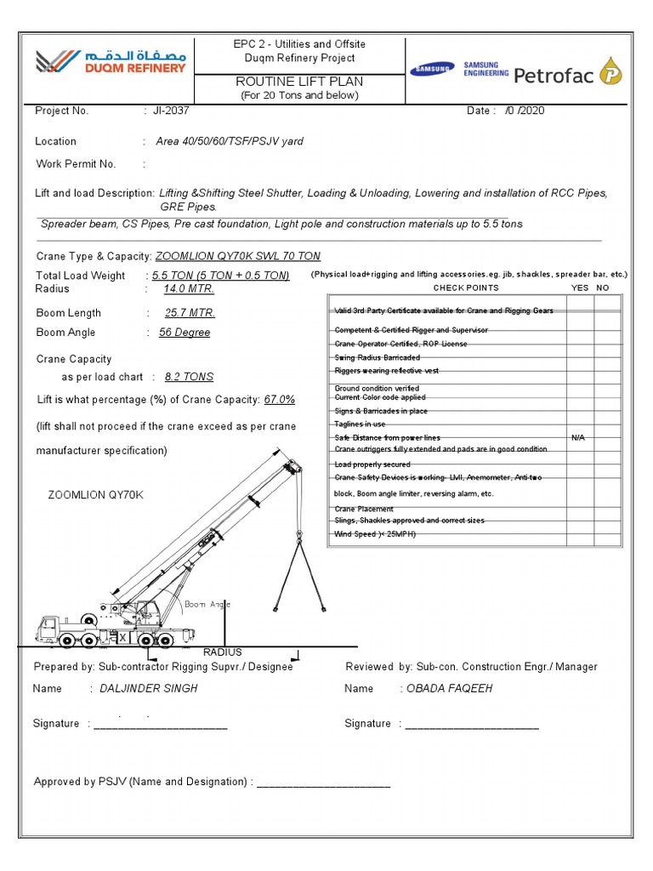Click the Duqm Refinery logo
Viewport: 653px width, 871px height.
coord(110,62)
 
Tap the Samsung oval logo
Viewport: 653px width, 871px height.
coord(434,70)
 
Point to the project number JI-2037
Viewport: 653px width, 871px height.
coord(171,111)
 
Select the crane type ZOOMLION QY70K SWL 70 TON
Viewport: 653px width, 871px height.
coord(238,256)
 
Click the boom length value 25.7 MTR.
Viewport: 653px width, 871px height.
coord(190,313)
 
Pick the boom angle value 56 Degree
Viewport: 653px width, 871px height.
coord(185,333)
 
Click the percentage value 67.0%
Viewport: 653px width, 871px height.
coord(280,400)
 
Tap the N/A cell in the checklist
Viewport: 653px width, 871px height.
coord(578,437)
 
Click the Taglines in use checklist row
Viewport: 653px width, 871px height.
coord(360,424)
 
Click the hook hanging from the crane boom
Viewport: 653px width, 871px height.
coord(300,533)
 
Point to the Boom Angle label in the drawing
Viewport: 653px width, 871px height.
coord(207,605)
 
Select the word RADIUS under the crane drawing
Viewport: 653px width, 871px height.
coord(222,652)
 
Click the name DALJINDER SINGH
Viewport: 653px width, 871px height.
coord(149,688)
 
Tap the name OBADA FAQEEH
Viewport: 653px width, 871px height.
coord(450,688)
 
